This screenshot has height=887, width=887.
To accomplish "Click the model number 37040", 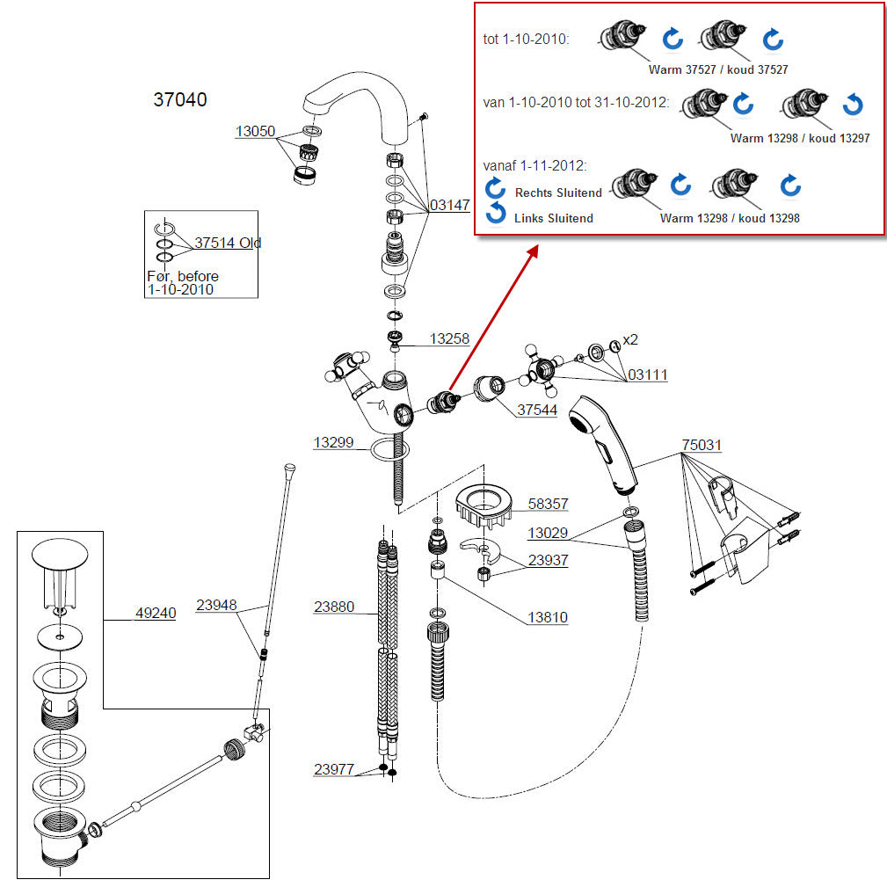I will pyautogui.click(x=180, y=100).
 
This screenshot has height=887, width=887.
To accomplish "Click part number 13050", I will pyautogui.click(x=255, y=132).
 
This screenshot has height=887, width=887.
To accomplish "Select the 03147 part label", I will pyautogui.click(x=449, y=206).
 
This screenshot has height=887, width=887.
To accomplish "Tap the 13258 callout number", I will pyautogui.click(x=449, y=338).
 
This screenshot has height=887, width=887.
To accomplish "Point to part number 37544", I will pyautogui.click(x=537, y=410).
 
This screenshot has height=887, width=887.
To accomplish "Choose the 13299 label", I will pyautogui.click(x=333, y=443).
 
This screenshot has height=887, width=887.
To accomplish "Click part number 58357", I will pyautogui.click(x=548, y=505).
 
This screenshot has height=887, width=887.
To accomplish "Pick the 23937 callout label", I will pyautogui.click(x=548, y=560).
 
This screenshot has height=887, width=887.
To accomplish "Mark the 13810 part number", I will pyautogui.click(x=548, y=618).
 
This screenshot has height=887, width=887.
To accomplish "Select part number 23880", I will pyautogui.click(x=334, y=607).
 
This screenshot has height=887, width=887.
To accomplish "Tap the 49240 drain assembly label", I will pyautogui.click(x=155, y=613).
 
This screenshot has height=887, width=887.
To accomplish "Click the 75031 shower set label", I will pyautogui.click(x=702, y=446).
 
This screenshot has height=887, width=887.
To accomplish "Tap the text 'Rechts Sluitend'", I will pyautogui.click(x=558, y=193).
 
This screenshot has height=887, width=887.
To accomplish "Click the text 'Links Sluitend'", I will pyautogui.click(x=553, y=218).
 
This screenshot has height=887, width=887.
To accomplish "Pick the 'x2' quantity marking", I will pyautogui.click(x=630, y=340).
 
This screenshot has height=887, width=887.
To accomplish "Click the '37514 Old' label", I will pyautogui.click(x=228, y=243).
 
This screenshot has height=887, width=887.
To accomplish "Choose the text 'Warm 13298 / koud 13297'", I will pyautogui.click(x=799, y=138).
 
